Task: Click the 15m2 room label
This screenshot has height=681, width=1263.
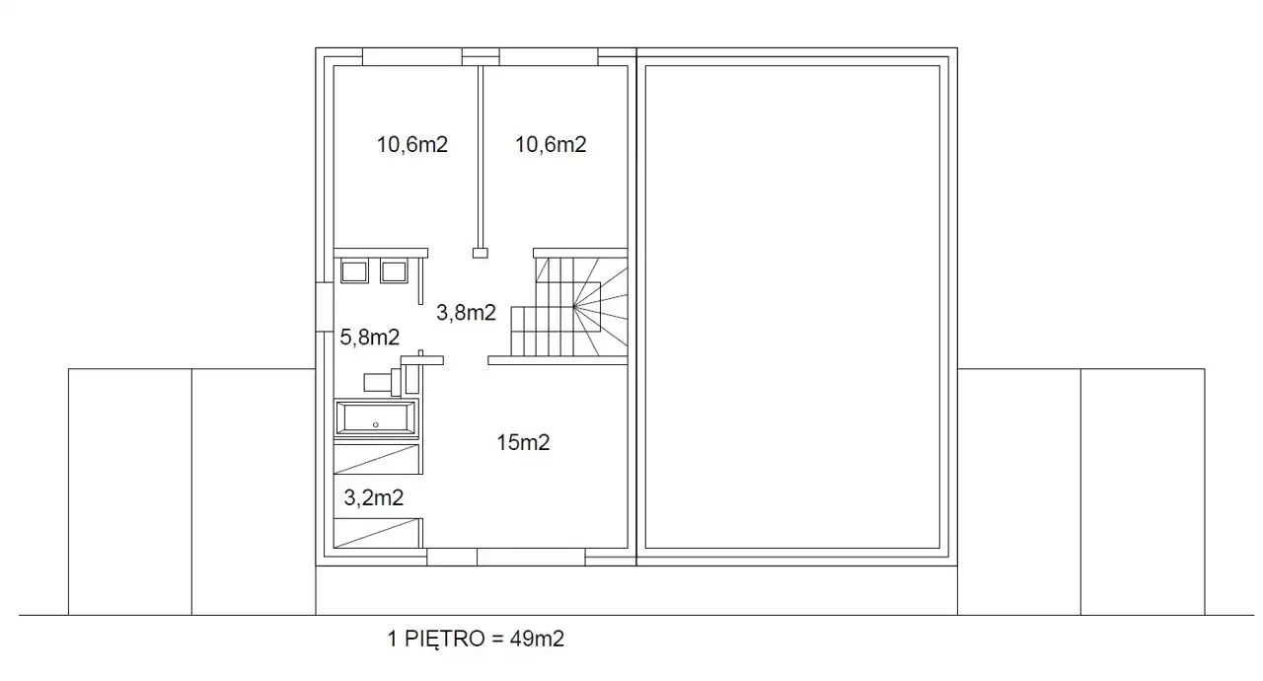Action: point(523,442)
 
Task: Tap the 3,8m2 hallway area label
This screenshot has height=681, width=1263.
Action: point(466,312)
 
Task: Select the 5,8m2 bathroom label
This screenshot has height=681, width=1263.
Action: point(369,338)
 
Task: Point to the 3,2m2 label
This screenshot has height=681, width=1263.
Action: point(373,497)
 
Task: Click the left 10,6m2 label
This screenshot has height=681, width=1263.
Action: point(412,145)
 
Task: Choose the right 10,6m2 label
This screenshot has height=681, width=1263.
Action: point(551,145)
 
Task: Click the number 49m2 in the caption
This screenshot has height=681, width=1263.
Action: point(537,639)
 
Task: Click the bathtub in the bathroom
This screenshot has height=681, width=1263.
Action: point(376,418)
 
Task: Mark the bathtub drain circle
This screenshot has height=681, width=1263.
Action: point(376,424)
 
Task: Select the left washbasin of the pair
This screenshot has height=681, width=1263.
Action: point(354,271)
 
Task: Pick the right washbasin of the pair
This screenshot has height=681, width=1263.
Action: point(394,271)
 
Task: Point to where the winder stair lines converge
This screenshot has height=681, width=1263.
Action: point(574,307)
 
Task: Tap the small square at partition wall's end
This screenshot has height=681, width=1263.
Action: point(480,253)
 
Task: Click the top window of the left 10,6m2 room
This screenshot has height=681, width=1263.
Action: point(412,57)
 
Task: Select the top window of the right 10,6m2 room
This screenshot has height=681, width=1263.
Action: point(549,57)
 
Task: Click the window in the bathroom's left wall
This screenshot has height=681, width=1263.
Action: point(325,307)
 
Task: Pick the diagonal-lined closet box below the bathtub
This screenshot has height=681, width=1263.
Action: point(377,459)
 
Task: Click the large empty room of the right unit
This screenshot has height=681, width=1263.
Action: point(792,307)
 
